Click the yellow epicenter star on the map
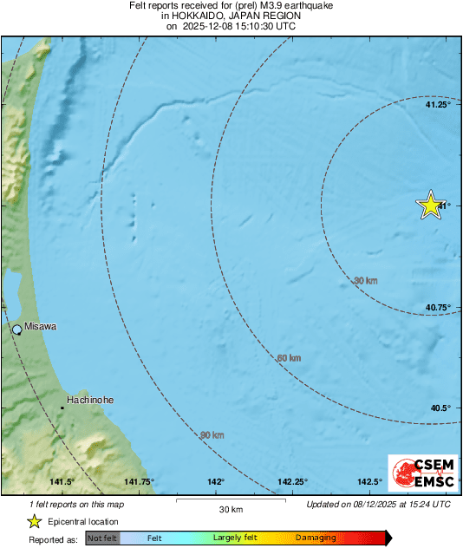click(430, 205)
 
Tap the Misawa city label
click(41, 327)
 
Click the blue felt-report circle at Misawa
click(16, 329)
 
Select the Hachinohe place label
click(91, 400)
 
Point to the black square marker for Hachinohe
click(62, 407)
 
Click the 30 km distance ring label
click(366, 281)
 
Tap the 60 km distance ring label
click(289, 358)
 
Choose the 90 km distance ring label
click(212, 434)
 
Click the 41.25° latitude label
click(437, 105)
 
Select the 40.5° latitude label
click(440, 408)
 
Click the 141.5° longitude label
click(62, 482)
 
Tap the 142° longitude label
click(216, 482)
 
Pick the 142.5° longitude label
click(370, 482)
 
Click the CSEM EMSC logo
click(419, 474)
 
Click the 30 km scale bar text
click(230, 509)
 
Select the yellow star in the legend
click(34, 521)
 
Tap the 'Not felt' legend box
click(102, 538)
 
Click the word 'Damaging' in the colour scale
click(316, 538)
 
